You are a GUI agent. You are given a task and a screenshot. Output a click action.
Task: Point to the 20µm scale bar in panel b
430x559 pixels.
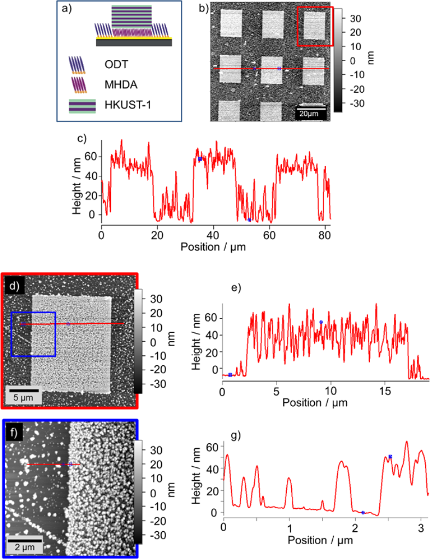[x=310, y=112]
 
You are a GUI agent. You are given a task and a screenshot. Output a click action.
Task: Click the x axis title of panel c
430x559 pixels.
[x=215, y=247]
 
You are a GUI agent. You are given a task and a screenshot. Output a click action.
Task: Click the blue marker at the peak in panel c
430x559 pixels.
[x=200, y=159]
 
